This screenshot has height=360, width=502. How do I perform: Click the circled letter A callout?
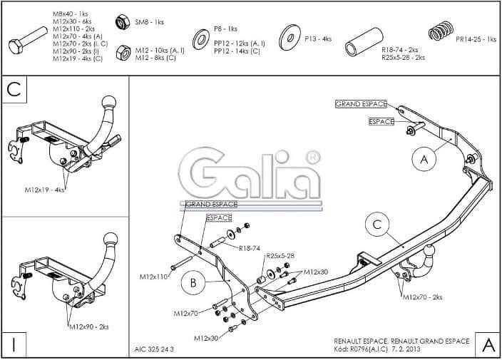tap(424, 160)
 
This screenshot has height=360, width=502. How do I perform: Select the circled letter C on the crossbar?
tap(378, 225)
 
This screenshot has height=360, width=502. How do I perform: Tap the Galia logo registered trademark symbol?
tap(312, 157)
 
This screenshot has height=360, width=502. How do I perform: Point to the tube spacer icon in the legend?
tap(361, 43)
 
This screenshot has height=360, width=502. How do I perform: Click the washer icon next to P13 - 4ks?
tap(290, 37)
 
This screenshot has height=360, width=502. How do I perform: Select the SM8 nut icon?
tap(122, 22)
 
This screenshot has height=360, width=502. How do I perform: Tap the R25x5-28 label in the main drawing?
tap(280, 255)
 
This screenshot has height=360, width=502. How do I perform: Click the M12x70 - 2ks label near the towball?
tap(422, 297)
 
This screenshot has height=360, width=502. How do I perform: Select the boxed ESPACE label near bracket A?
tap(381, 122)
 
